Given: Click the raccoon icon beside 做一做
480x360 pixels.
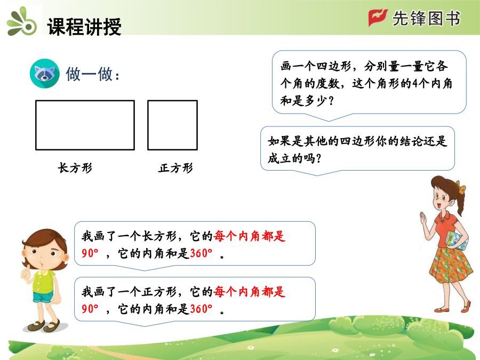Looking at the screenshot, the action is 45,74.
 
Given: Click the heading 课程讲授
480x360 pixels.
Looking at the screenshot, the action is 84,27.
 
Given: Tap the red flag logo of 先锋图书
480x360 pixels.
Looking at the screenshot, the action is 378,18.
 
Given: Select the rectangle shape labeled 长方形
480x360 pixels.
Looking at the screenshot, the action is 85,125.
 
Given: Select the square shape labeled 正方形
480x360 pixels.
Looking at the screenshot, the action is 173,125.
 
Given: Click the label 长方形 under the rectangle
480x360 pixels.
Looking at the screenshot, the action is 75,168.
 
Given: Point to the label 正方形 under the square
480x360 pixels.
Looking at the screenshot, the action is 175,168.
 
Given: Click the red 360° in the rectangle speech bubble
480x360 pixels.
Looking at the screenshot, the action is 201,253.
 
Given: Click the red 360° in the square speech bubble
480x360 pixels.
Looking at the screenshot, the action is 201,309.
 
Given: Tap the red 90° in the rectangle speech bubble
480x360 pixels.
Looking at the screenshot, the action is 90,253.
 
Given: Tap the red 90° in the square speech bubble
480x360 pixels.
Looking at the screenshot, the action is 90,309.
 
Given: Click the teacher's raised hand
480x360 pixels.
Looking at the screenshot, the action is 423,218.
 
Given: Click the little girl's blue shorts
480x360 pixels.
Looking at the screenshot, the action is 43,297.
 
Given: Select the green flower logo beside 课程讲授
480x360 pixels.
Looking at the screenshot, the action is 22,22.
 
